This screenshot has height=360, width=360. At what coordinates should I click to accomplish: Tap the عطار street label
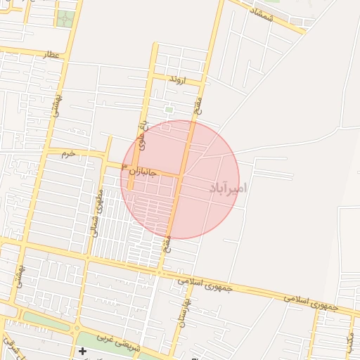tap(52, 53)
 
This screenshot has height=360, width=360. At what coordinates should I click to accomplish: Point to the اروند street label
tap(175, 80)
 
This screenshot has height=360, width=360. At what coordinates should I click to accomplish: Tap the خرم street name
tap(67, 153)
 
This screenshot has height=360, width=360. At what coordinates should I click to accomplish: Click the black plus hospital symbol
tap(83, 350)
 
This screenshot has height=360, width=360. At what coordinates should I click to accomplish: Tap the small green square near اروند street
tap(169, 109)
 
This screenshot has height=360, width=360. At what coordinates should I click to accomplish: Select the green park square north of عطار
tap(66, 18)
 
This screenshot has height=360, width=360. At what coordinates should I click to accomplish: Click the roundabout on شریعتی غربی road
tap(76, 328)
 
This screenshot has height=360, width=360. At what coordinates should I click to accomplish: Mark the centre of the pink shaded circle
tap(180, 179)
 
